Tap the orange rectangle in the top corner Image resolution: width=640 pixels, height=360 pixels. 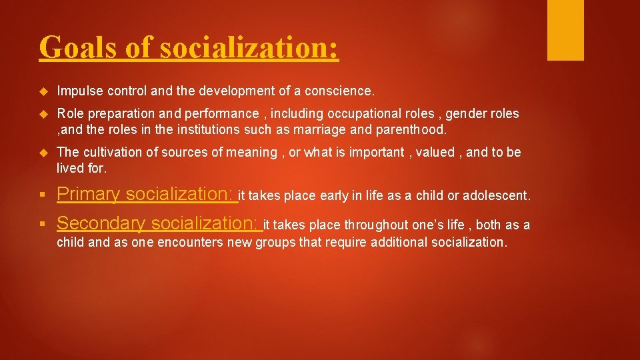click(565, 30)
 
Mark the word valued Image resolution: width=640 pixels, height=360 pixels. click(433, 153)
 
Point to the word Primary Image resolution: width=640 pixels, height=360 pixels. click(88, 194)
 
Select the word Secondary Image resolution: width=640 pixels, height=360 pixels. click(101, 223)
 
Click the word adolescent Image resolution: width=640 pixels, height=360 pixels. click(497, 196)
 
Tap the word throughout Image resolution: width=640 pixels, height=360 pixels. click(373, 225)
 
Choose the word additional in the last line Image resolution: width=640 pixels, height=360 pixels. click(399, 242)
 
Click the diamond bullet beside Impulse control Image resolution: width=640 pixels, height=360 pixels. click(44, 90)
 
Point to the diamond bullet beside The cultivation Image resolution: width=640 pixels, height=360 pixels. click(44, 153)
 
